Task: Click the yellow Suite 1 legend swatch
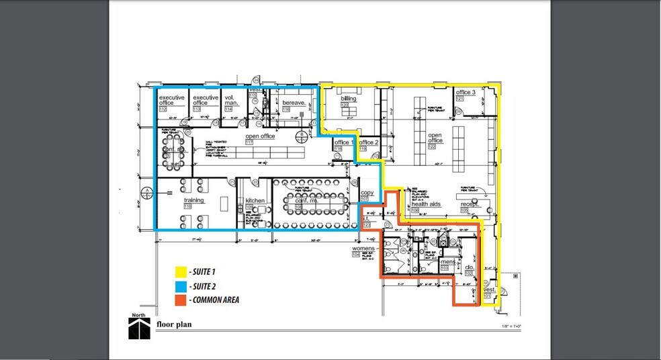click(180, 273)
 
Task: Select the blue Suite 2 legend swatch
click(180, 286)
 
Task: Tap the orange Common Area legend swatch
click(180, 300)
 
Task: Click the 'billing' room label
click(348, 99)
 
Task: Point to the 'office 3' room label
click(465, 93)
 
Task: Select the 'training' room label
click(193, 200)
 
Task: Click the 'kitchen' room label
click(255, 201)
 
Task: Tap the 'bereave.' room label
click(294, 103)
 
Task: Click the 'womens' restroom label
click(363, 249)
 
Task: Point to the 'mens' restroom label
click(447, 261)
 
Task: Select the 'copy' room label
click(366, 193)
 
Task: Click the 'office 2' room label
click(369, 143)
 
